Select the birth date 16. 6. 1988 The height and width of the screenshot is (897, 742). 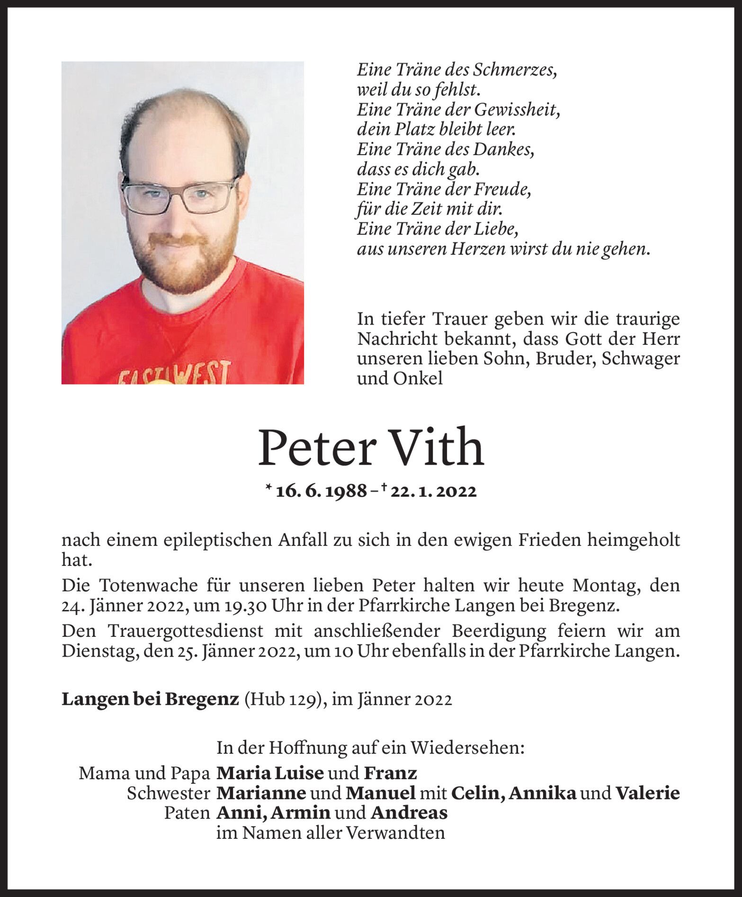coord(321,492)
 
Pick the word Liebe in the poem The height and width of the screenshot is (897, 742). coord(497,229)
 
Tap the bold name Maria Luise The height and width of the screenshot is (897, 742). coord(270,773)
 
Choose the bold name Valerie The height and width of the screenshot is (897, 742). coord(647,793)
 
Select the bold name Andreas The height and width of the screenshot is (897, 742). coord(409,813)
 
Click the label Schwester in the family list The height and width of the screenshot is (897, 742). coord(168,793)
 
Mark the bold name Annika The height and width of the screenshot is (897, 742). coord(543,793)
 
